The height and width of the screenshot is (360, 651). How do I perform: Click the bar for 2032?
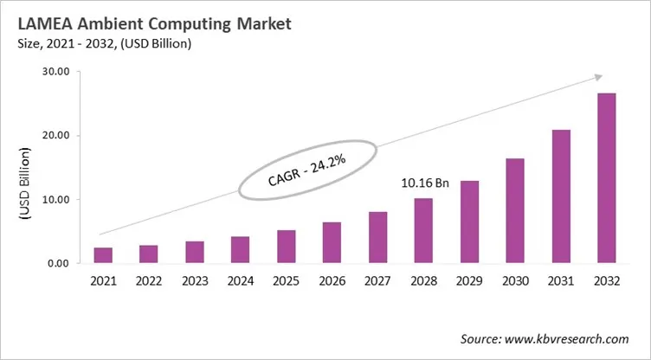[608, 177]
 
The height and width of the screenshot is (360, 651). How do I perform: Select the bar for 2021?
[103, 254]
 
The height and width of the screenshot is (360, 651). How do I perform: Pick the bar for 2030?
[516, 210]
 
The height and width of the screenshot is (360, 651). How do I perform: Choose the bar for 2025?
[287, 246]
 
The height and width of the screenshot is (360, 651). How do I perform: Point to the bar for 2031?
[562, 196]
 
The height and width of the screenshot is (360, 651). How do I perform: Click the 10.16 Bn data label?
[423, 183]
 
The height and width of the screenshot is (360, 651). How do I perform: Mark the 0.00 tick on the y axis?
[58, 263]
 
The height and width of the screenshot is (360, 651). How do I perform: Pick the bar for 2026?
[332, 242]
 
